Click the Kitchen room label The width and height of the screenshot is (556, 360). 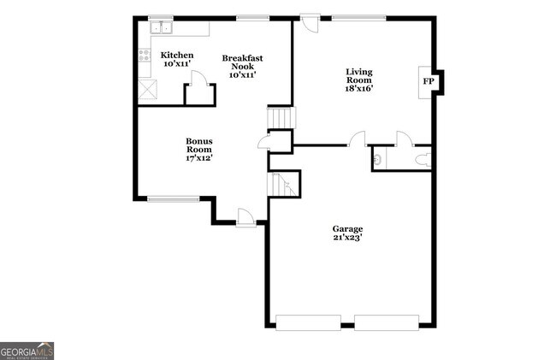pos(178,56)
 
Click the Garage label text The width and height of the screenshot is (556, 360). pos(348,229)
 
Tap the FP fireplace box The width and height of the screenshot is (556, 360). pos(429,81)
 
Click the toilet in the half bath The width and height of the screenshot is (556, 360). pos(421,157)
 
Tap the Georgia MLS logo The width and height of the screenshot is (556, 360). pos(27,351)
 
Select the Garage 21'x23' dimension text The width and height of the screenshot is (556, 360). pos(348,239)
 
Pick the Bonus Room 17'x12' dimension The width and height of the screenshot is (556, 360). pos(199,157)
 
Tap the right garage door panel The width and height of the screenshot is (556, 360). pos(387,322)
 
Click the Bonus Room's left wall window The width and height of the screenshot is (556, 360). pos(174,199)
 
